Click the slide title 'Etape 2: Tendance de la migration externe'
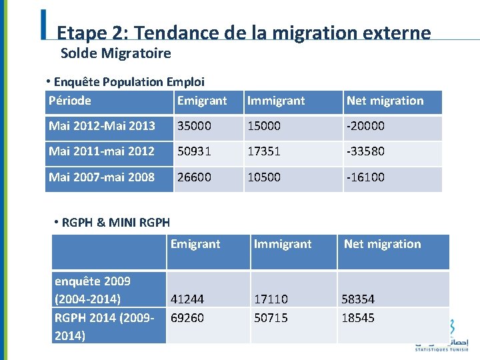click(244, 33)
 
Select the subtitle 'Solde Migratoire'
click(115, 53)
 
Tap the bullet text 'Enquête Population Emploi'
click(129, 82)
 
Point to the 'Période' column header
click(70, 101)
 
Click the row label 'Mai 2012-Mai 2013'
click(101, 126)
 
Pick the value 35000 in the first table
click(194, 126)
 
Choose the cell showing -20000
click(366, 126)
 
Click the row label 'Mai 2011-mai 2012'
click(101, 151)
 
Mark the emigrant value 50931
click(194, 151)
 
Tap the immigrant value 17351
click(264, 151)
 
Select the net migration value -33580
click(366, 151)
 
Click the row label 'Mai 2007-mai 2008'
click(101, 177)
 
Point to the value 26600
click(194, 177)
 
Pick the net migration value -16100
click(366, 177)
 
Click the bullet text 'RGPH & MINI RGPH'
click(115, 223)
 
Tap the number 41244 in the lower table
click(187, 300)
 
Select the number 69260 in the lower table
click(187, 318)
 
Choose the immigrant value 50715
click(271, 318)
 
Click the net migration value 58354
click(358, 300)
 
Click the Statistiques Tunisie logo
click(441, 336)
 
